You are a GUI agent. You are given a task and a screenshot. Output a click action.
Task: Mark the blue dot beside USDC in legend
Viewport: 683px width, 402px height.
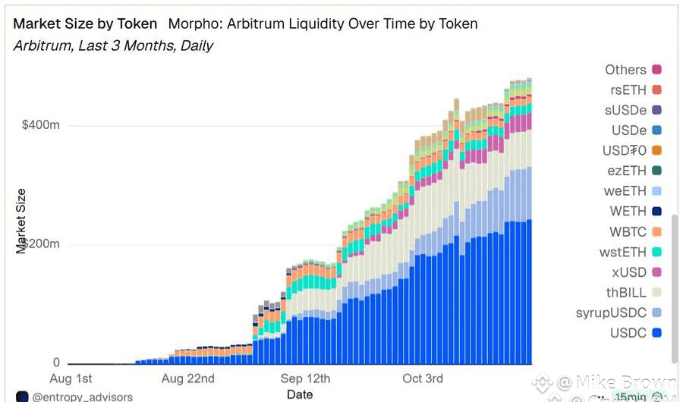click(656, 333)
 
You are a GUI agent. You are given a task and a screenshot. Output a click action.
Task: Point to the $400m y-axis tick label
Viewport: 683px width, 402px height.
click(41, 125)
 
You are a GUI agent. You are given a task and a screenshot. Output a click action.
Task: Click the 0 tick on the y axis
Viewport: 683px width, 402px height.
click(56, 363)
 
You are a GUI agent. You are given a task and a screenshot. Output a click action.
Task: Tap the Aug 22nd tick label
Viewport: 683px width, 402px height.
click(188, 378)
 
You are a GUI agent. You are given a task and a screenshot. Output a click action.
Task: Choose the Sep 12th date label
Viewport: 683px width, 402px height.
click(306, 378)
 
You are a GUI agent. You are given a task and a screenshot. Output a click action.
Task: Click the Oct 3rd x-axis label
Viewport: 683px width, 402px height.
click(423, 378)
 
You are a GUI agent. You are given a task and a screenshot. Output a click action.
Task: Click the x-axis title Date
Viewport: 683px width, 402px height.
click(301, 394)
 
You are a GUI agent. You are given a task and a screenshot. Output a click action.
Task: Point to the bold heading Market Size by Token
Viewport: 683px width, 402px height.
click(85, 24)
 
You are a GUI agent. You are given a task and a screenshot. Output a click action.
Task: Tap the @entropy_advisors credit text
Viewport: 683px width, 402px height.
click(82, 397)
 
